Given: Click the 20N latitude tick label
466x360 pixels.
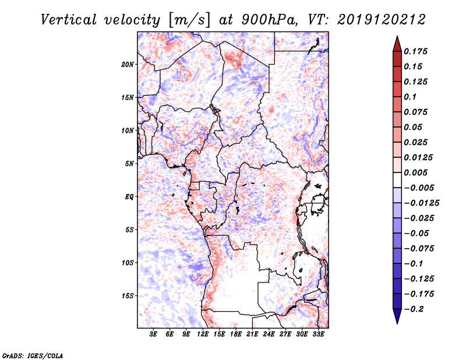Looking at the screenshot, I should (128, 64).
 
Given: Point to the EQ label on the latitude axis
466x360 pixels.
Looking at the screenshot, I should (129, 196).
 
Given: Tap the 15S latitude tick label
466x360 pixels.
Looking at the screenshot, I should (128, 295).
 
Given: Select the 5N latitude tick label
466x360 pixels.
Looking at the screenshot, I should (129, 163).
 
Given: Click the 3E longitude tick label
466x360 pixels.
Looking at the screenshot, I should (154, 334).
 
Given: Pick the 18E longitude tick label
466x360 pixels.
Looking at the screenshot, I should (236, 334).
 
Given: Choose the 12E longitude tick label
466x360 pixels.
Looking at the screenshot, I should (203, 334).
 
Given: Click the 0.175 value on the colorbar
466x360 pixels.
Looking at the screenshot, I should (416, 51).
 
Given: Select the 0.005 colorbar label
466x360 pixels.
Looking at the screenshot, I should (416, 172).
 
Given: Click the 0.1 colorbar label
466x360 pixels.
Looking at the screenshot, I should (411, 97).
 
